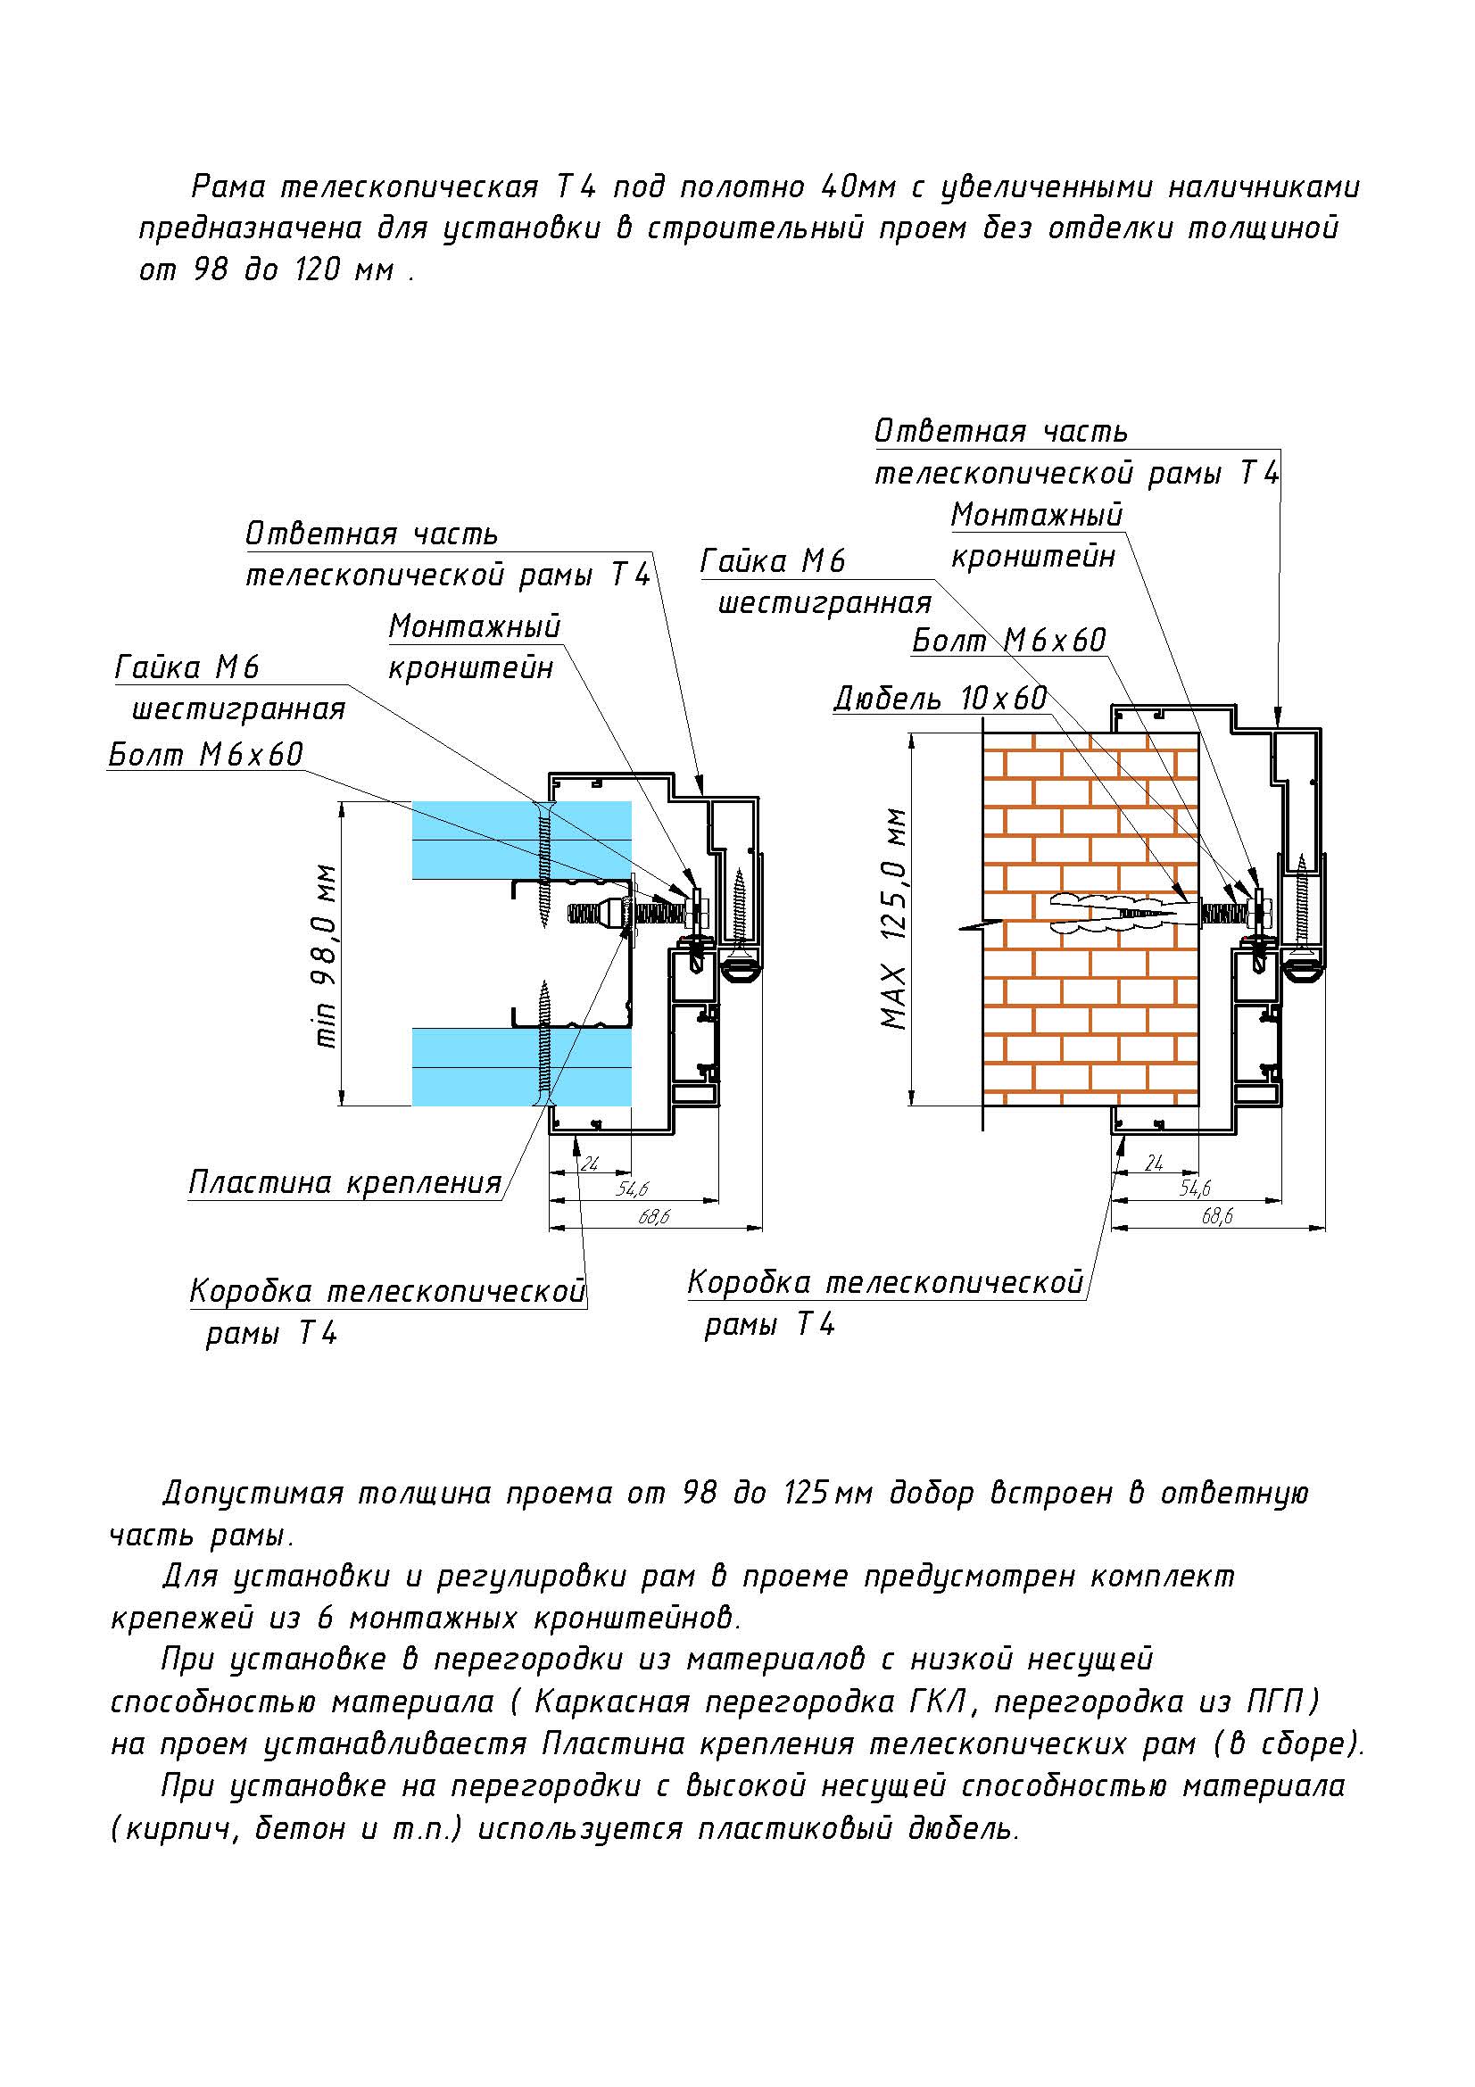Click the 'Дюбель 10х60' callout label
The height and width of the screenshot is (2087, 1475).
[x=941, y=698]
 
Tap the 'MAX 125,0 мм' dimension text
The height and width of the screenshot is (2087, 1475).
[x=895, y=918]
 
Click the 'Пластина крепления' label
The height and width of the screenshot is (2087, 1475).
[x=345, y=1181]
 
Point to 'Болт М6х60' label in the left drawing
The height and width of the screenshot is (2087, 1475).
[x=206, y=755]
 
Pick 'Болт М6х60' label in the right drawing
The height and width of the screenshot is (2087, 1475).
[x=1010, y=640]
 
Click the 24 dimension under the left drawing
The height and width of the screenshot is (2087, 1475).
[x=590, y=1163]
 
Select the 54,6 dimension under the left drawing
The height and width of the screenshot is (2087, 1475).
[x=633, y=1188]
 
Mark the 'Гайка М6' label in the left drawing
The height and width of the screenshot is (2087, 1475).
[x=188, y=668]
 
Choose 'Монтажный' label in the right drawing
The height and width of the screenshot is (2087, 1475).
[x=1037, y=515]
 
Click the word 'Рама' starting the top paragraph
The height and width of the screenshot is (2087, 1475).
[x=228, y=186]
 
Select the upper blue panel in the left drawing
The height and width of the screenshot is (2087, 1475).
[x=522, y=841]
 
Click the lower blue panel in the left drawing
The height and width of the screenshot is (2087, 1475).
[x=522, y=1066]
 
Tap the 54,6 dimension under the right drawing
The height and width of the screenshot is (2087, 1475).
[x=1196, y=1188]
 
